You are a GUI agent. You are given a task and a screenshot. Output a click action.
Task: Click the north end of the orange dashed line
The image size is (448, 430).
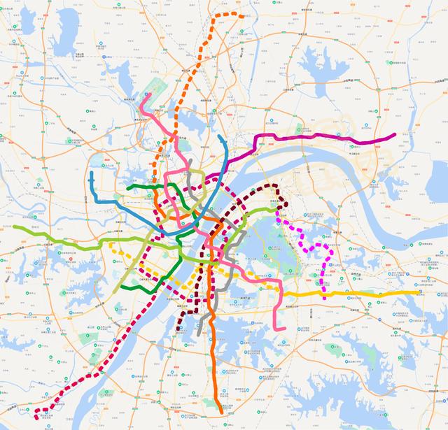click(243, 15)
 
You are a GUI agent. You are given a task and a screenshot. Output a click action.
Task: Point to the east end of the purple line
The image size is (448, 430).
click(395, 135)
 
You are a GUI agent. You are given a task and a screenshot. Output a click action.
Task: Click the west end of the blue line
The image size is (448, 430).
click(92, 173)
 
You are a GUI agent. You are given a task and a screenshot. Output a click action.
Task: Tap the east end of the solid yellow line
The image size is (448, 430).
click(419, 293)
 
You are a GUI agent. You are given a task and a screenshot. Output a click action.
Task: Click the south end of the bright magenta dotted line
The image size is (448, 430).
click(323, 294)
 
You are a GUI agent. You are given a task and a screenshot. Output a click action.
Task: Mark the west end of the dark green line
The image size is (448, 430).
click(129, 187)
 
